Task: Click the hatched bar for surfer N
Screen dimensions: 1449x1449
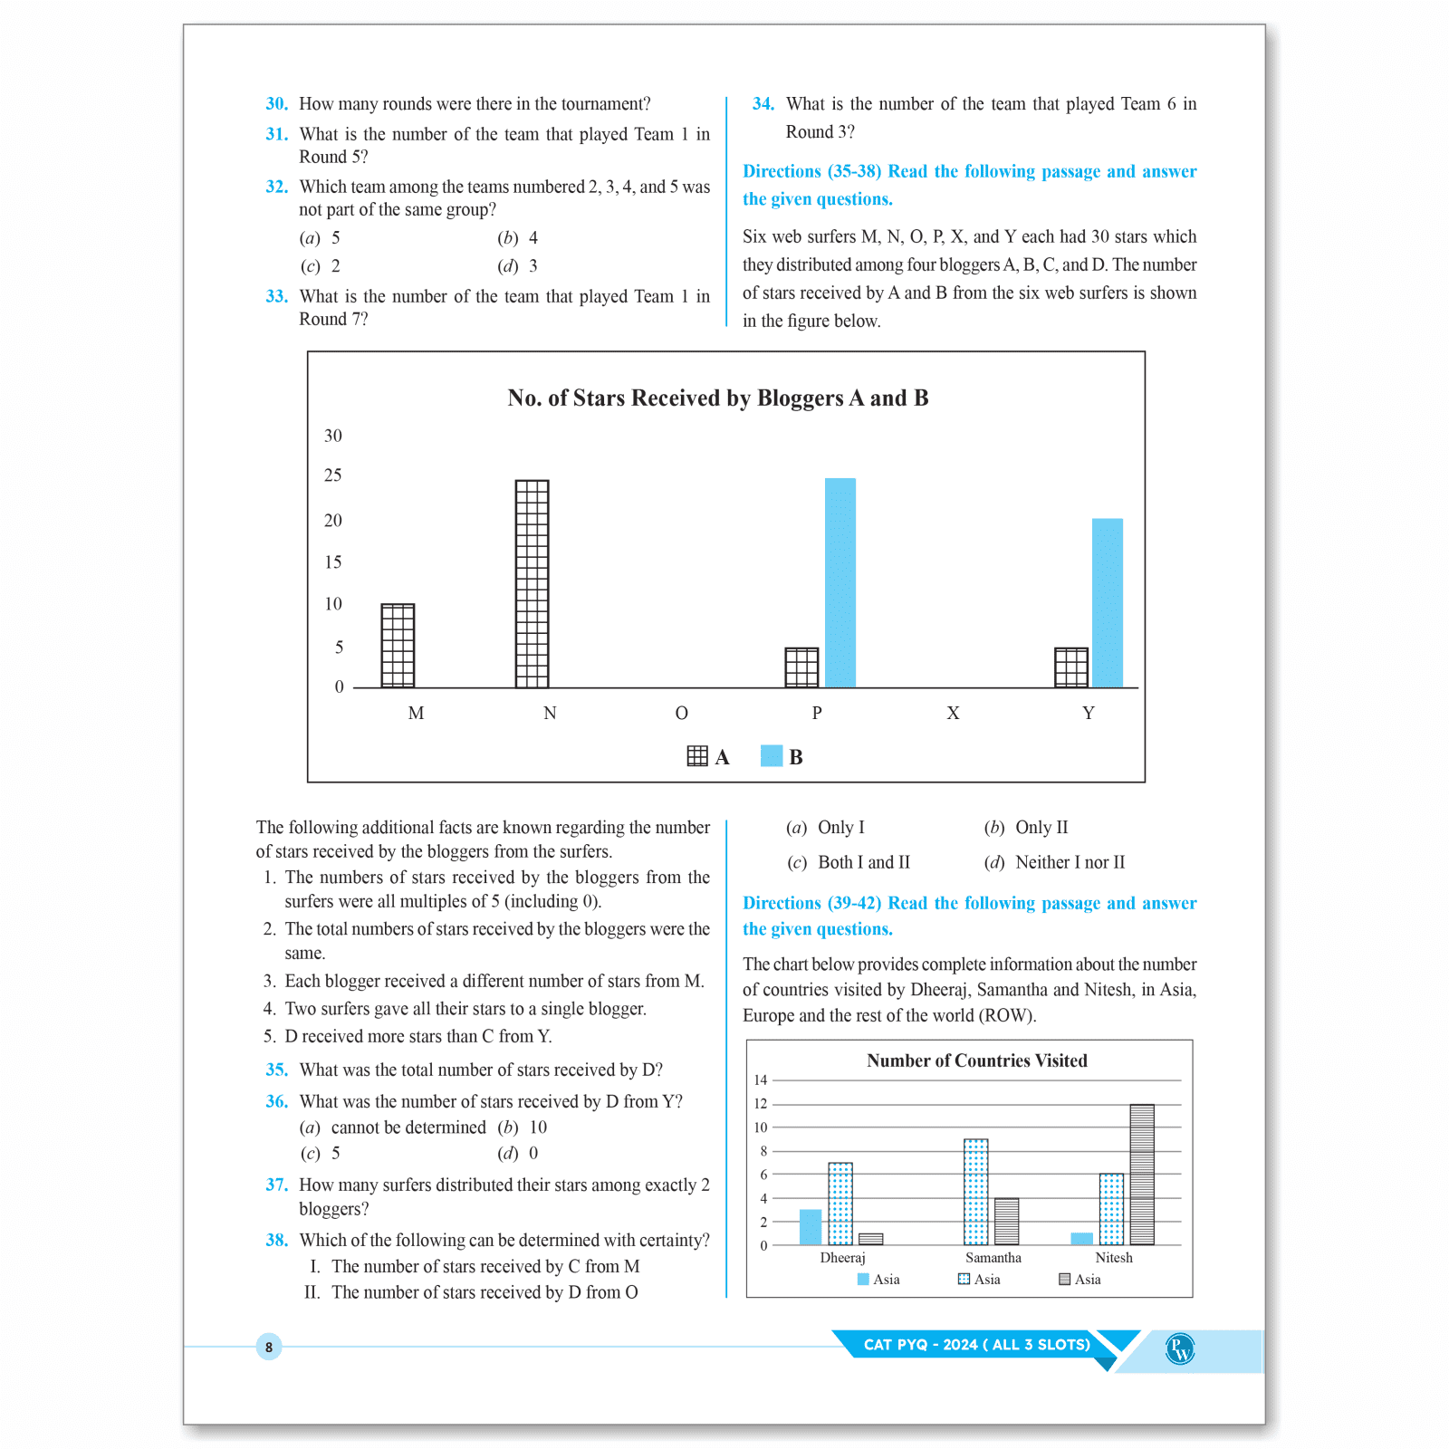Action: [x=532, y=584]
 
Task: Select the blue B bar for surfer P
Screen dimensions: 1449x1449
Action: [x=840, y=582]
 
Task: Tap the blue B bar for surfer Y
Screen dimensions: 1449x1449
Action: [x=1107, y=602]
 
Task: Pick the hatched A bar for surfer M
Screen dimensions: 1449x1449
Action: [x=398, y=646]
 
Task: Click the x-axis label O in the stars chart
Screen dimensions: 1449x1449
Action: [x=682, y=714]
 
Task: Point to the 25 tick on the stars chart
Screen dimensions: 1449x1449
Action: [x=333, y=475]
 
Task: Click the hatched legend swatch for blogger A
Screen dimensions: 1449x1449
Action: [x=697, y=756]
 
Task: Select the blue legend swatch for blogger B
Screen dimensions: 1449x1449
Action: [x=772, y=756]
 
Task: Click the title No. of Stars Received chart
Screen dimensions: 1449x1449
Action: [x=717, y=398]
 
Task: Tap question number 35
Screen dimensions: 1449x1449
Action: [x=276, y=1070]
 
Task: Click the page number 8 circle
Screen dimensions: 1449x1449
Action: [x=269, y=1347]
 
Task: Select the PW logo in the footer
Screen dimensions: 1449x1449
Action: [x=1180, y=1349]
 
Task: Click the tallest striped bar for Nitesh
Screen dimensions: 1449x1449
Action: [x=1142, y=1175]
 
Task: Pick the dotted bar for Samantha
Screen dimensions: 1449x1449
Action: [x=975, y=1192]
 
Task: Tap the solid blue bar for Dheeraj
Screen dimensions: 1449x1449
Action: [x=811, y=1227]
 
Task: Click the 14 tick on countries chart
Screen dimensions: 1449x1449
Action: [x=761, y=1080]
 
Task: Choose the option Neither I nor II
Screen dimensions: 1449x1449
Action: [x=1070, y=863]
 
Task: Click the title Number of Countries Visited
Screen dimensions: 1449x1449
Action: [x=976, y=1060]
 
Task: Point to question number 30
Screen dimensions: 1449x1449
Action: [x=276, y=104]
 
